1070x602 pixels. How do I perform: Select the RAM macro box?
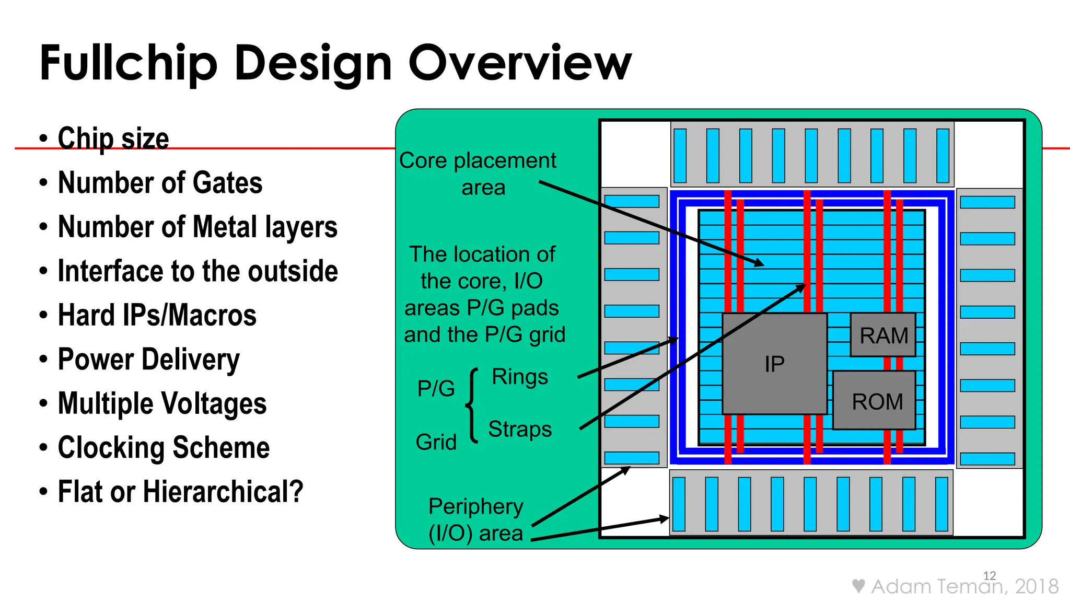coord(883,335)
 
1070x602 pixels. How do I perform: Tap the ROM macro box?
coord(876,401)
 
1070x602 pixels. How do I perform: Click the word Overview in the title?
coord(519,63)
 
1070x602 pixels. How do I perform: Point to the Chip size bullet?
coord(113,138)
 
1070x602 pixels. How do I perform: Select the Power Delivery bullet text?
coord(148,360)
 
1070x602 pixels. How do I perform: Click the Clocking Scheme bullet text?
coord(163,448)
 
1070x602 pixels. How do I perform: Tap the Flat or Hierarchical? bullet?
coord(180,492)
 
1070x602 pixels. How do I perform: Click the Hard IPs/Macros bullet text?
coord(157,315)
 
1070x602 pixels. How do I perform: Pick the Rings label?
coord(519,377)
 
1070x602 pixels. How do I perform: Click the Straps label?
coord(519,429)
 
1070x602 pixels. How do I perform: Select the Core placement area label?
coord(478,173)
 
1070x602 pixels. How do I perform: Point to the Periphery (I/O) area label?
coord(475,519)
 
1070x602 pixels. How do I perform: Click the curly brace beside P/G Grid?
coord(472,406)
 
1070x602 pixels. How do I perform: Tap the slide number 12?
coord(989,575)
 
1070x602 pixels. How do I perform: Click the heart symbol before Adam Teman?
coord(858,586)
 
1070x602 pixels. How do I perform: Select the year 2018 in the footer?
coord(1037,586)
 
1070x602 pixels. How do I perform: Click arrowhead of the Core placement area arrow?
coord(760,263)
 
